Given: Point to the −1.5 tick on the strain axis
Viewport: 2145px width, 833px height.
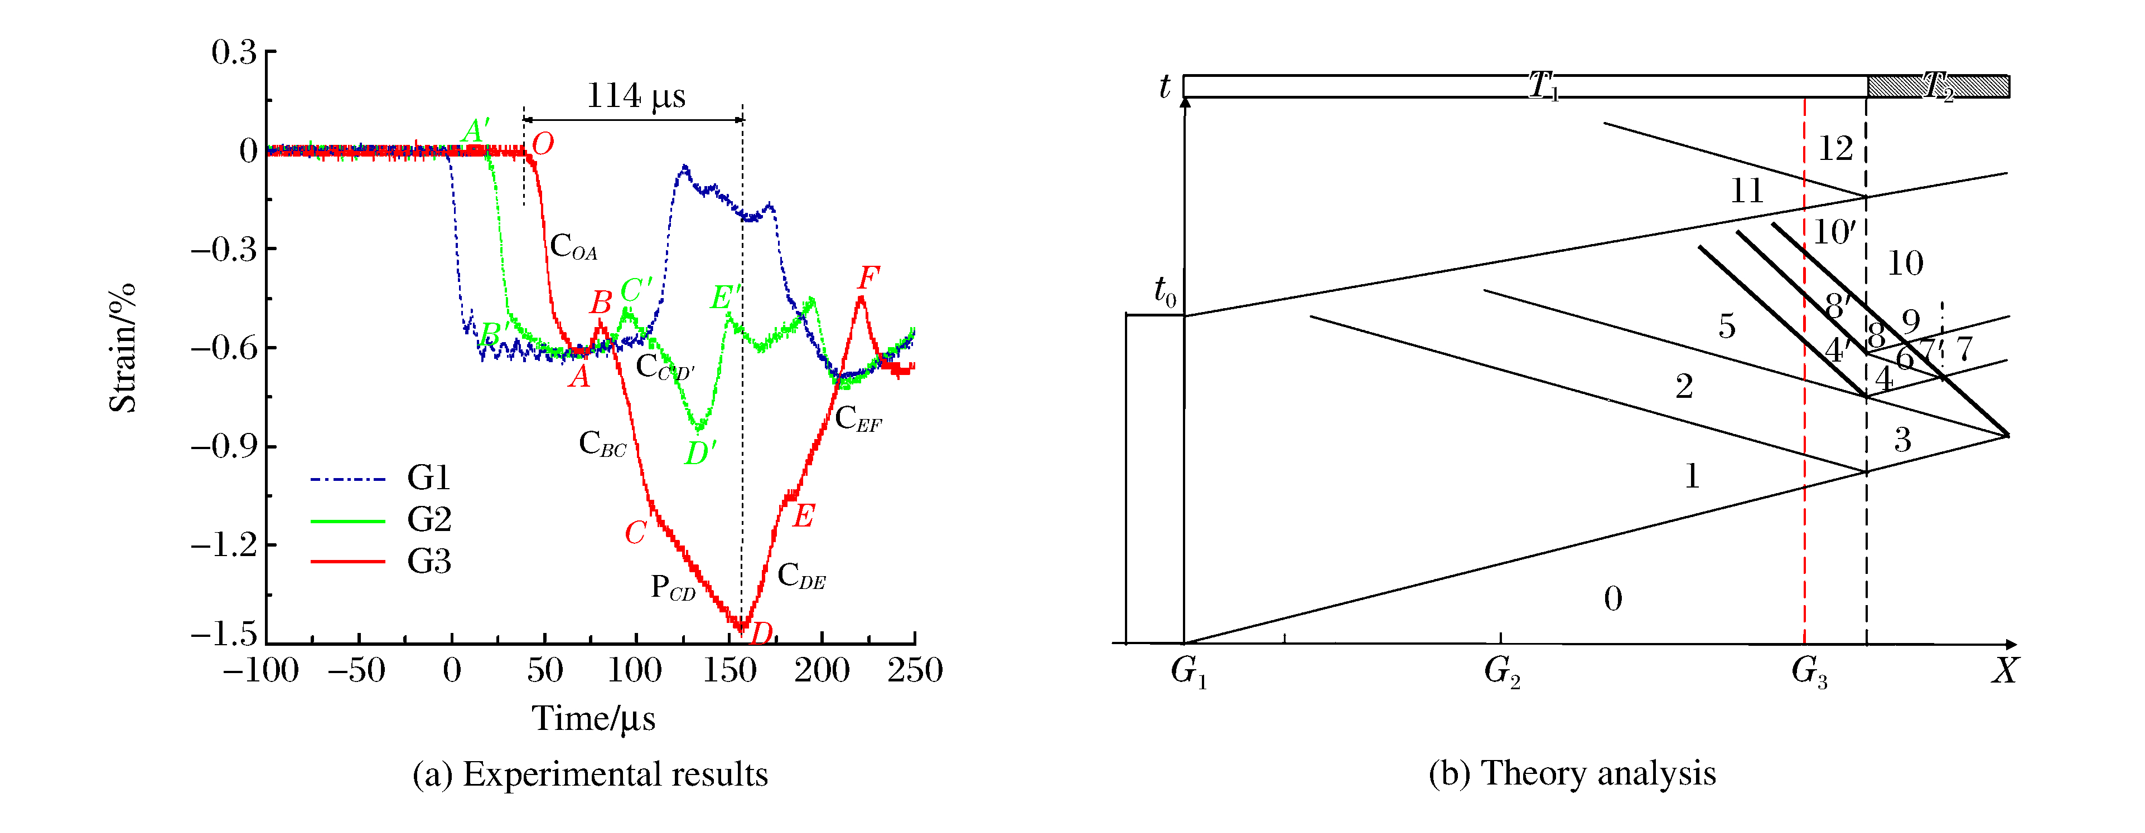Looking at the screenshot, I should pos(224,634).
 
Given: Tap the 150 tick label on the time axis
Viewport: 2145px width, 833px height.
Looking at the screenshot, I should pos(728,670).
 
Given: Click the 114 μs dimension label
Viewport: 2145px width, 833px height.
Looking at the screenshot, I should pos(636,96).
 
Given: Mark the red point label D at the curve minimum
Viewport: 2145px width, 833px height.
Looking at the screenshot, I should pos(761,634).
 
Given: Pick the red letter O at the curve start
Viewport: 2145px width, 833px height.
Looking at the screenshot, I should pos(543,144).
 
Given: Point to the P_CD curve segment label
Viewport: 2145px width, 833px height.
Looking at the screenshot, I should pos(673,587).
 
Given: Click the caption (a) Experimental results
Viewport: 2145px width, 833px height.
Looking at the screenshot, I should pos(590,774).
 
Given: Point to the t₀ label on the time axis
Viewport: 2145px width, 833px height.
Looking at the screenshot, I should pos(1164,291).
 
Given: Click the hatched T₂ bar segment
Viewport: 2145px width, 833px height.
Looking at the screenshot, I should pos(1938,86).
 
